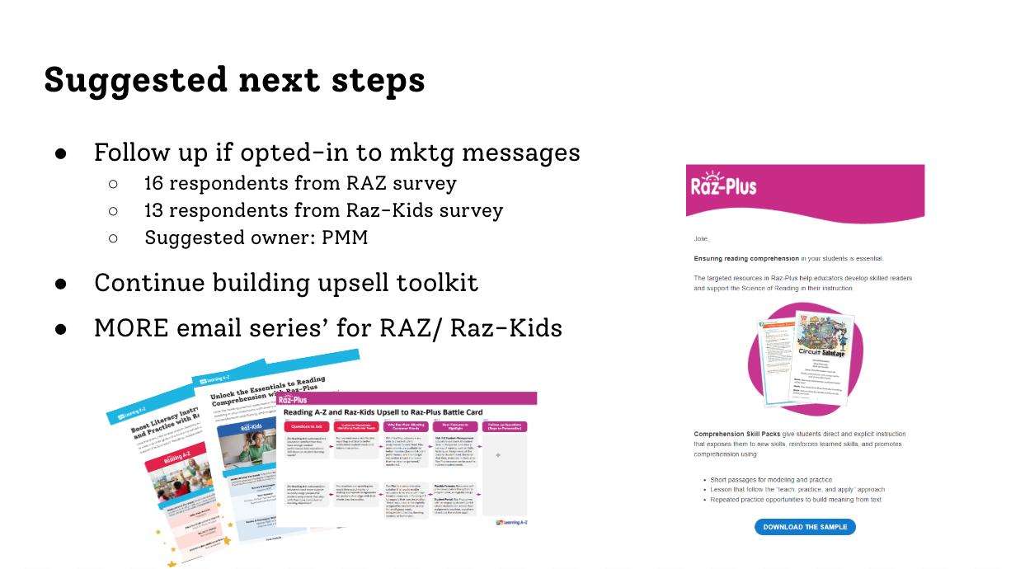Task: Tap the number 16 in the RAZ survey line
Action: (x=154, y=183)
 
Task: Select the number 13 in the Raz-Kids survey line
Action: (x=154, y=210)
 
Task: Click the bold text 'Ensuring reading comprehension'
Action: (x=740, y=258)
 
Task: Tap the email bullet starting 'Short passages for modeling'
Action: (x=771, y=479)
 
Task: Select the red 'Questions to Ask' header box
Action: (x=307, y=427)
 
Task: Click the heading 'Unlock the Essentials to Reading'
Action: (x=268, y=389)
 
